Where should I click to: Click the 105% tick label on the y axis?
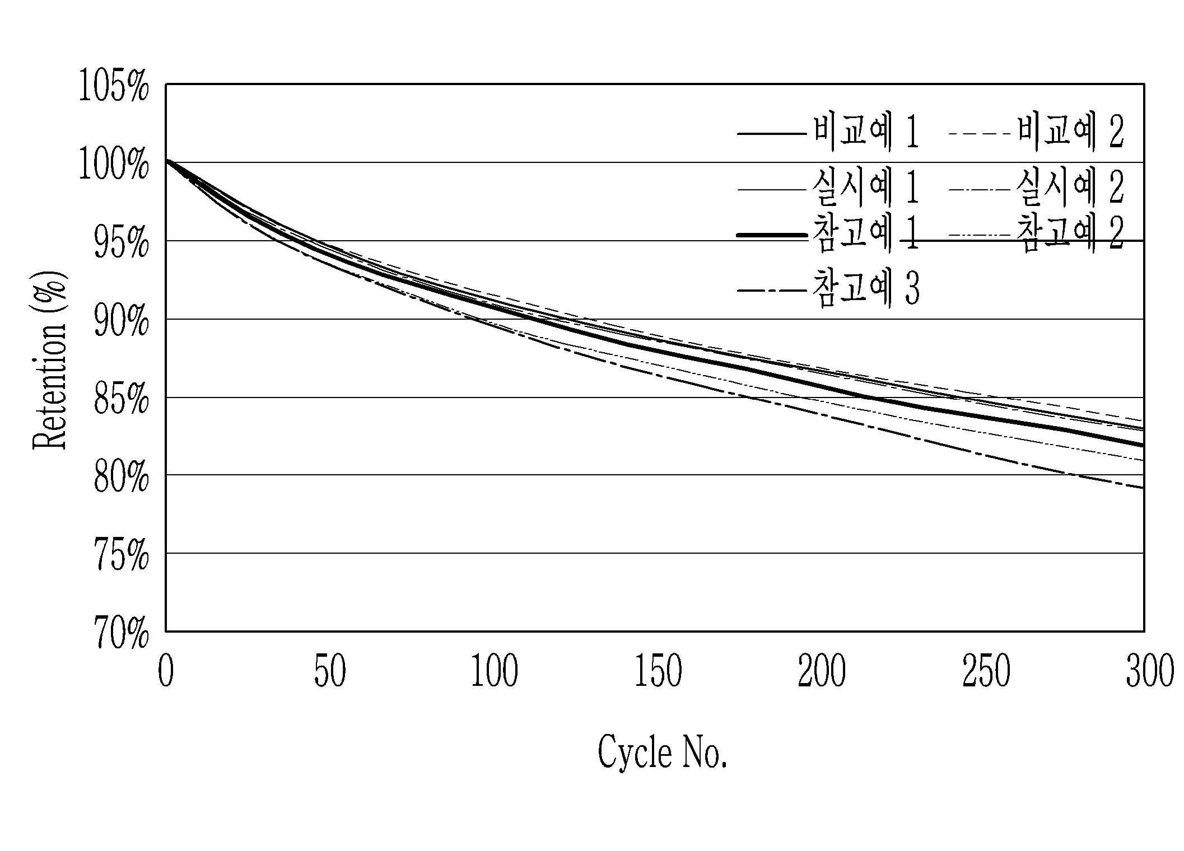(114, 87)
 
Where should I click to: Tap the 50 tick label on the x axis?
(330, 671)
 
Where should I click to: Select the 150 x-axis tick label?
(658, 671)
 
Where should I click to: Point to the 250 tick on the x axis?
(986, 671)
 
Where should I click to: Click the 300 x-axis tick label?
(1150, 671)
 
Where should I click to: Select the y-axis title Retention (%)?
(50, 360)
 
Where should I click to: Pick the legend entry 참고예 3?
(866, 289)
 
